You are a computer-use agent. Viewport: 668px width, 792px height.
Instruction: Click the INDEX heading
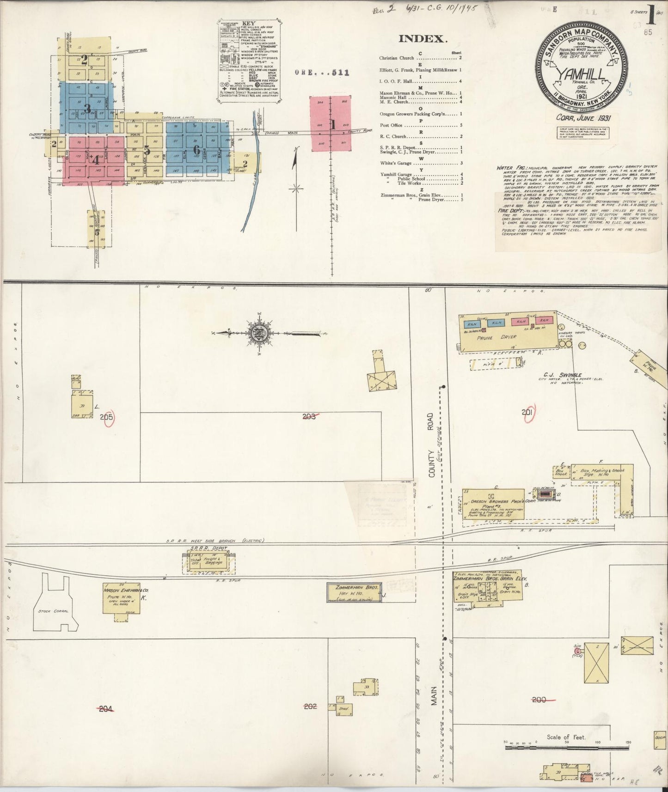coord(423,39)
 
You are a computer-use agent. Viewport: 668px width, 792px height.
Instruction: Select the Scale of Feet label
coord(566,737)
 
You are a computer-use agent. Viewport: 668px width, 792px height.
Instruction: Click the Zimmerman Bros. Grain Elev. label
coord(490,578)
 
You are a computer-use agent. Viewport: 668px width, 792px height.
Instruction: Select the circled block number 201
coord(527,413)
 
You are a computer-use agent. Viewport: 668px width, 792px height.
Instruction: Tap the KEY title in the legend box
coord(249,23)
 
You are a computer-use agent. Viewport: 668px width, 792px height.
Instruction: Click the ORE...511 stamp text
coord(322,72)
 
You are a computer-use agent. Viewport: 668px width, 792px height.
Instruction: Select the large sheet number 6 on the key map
coord(197,150)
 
